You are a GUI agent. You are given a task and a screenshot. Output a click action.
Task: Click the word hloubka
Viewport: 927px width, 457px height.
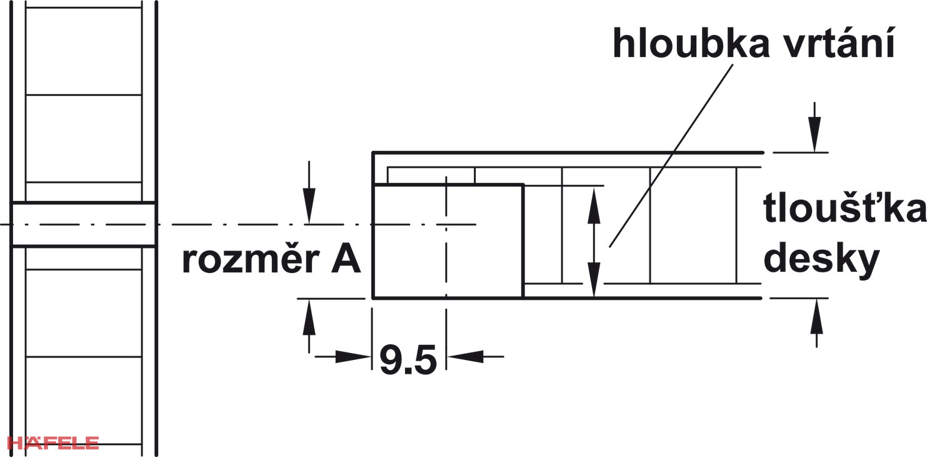[x=691, y=43]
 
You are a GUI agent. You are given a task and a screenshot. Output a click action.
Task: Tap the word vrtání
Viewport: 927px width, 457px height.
[x=839, y=43]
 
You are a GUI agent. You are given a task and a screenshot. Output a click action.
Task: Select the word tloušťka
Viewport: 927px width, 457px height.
[x=844, y=208]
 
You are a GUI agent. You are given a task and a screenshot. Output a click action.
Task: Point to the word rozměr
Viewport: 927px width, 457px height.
[x=251, y=260]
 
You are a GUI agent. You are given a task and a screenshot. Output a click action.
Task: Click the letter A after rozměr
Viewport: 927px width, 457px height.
[x=346, y=260]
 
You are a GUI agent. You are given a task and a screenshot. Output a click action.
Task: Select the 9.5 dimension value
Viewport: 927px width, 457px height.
[x=408, y=360]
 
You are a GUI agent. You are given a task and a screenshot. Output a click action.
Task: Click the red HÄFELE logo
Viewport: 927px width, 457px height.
[x=53, y=442]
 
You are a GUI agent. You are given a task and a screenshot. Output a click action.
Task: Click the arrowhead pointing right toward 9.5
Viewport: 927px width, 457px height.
[x=353, y=356]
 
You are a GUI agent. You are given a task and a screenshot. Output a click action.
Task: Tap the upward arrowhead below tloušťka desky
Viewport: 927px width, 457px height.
[x=816, y=316]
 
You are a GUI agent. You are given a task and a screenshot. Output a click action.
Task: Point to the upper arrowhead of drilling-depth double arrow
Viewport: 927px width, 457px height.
[x=594, y=206]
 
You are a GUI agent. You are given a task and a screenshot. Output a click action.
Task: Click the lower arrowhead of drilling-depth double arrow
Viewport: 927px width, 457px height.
[x=594, y=280]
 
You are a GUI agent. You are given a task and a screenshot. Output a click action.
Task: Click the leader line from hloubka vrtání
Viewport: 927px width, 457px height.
[x=671, y=156]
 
